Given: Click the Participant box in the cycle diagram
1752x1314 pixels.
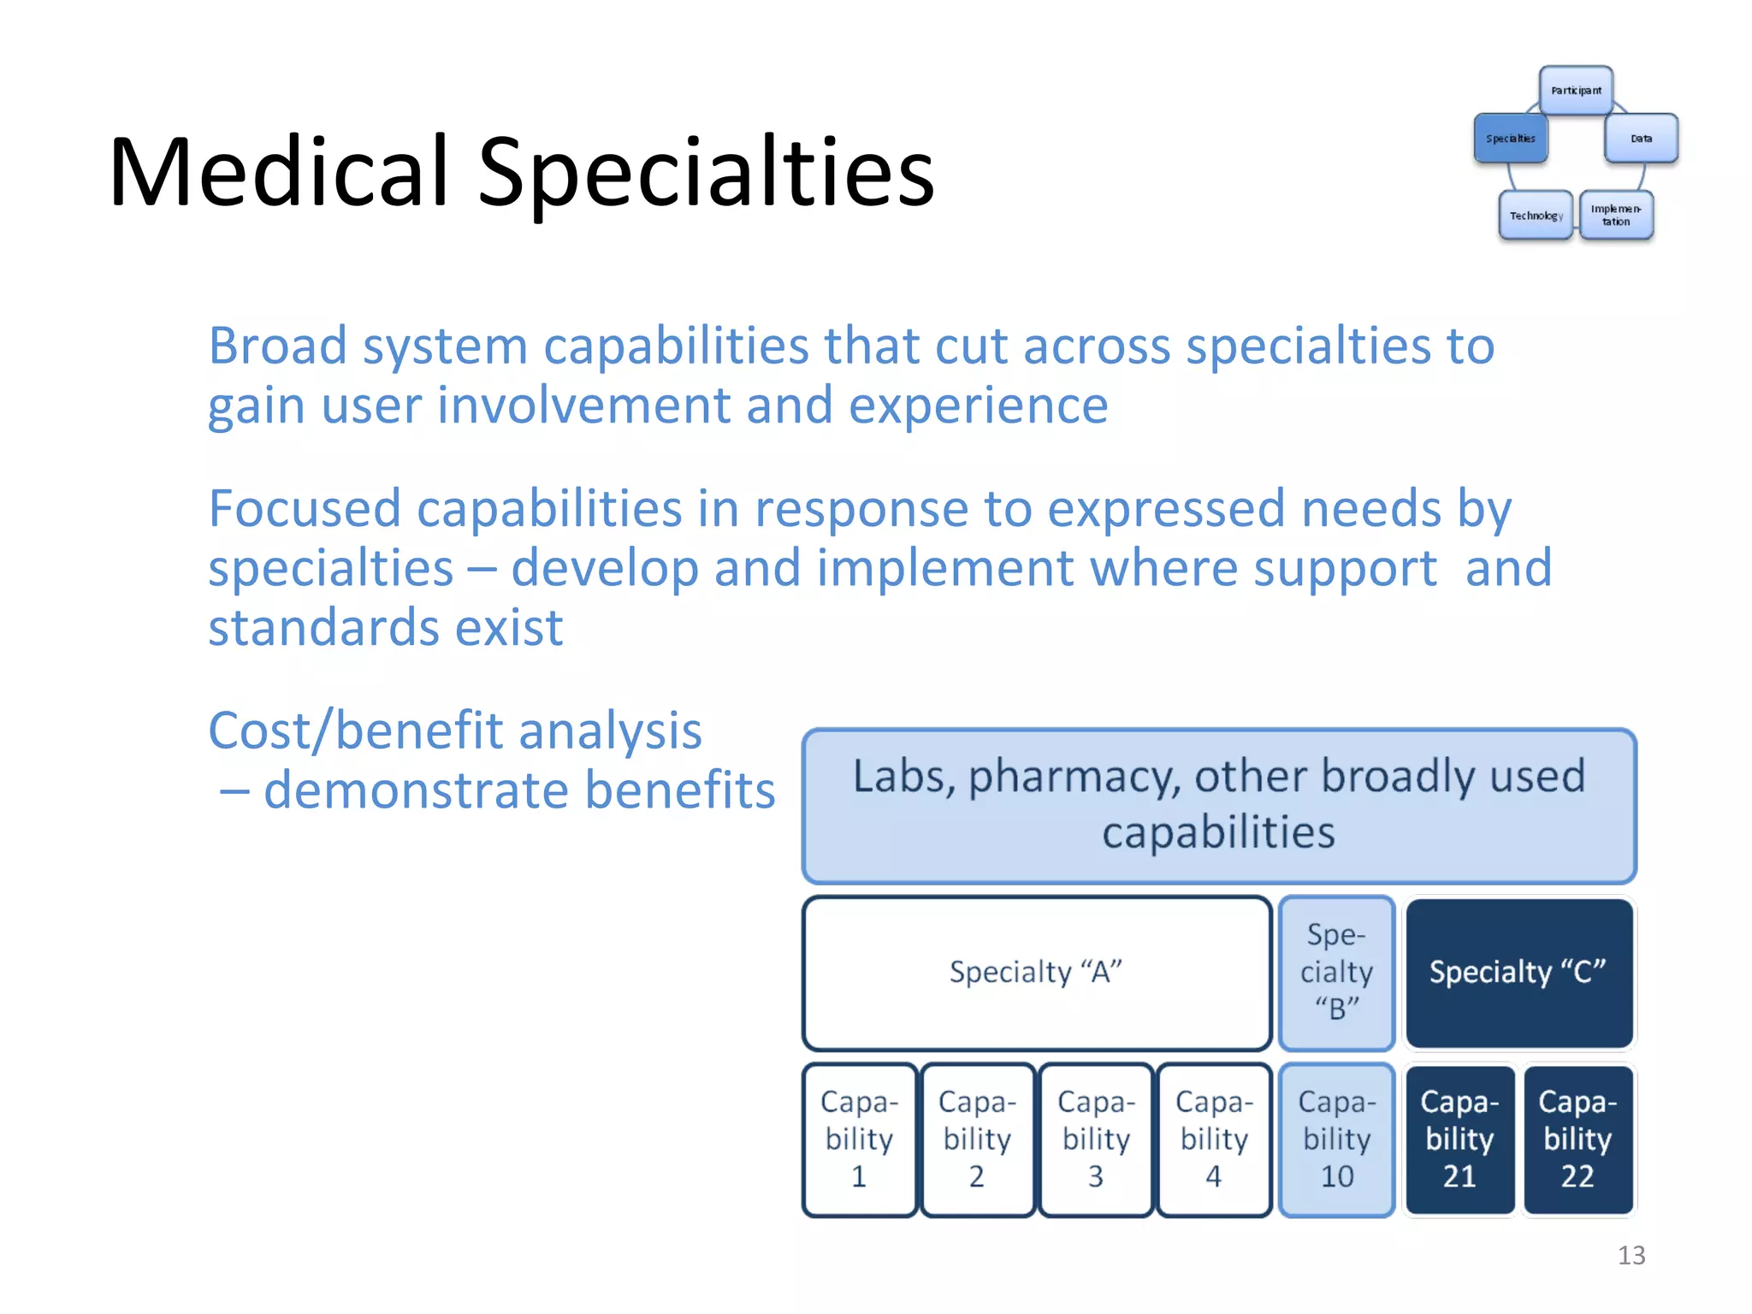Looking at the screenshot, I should [1576, 91].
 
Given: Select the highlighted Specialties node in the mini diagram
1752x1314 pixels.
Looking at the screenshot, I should [1510, 139].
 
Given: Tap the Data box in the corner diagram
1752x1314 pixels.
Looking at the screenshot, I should [1641, 139].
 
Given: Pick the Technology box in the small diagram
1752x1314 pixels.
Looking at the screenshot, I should [1536, 216].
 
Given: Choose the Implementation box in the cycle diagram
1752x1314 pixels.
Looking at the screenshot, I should [1616, 216].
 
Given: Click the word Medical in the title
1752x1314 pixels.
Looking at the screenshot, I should [279, 173].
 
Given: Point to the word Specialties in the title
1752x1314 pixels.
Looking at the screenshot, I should [706, 173].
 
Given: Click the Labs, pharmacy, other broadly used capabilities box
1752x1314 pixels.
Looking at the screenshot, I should [1219, 806].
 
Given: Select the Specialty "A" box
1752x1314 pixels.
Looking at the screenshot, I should [1036, 973].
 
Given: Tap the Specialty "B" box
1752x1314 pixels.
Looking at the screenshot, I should [1336, 973].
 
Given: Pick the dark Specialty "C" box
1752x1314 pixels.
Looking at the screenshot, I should [1518, 973].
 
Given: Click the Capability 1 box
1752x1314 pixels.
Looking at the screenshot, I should [859, 1139].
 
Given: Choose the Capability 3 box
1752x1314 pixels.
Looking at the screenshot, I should [1096, 1139].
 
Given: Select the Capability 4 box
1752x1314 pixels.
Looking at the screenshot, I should [1214, 1139].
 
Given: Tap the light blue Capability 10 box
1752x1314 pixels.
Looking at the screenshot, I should [1336, 1139].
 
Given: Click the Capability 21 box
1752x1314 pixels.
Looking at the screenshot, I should [1459, 1139].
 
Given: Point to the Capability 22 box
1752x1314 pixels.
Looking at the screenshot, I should [1577, 1139].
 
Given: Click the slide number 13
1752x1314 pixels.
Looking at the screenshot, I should [1631, 1255].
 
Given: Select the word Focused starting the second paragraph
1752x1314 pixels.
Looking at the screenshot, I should [304, 509].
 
